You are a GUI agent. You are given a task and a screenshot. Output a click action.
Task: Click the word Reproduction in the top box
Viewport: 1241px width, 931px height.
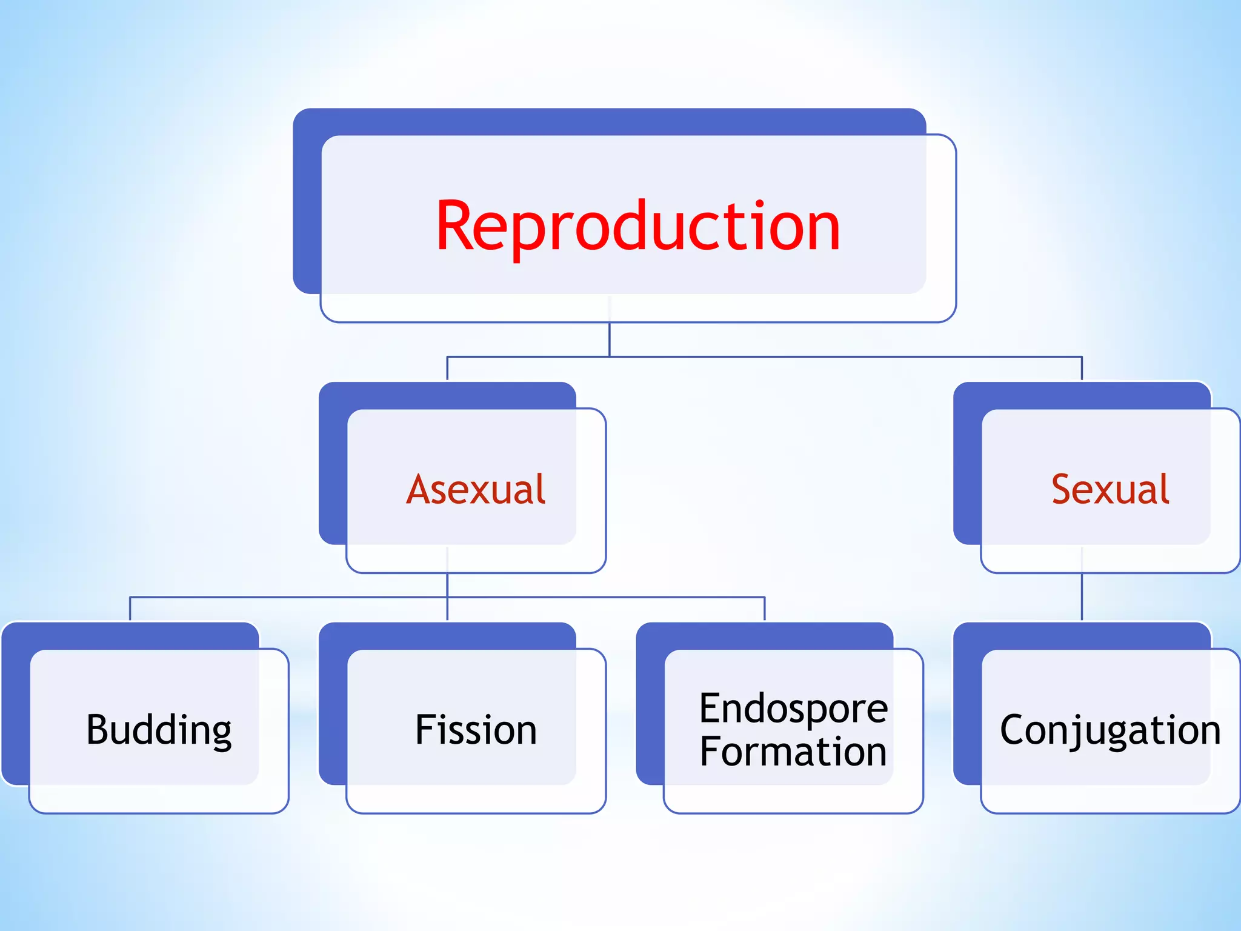(637, 227)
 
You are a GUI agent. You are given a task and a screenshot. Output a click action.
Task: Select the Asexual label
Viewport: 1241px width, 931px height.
(476, 489)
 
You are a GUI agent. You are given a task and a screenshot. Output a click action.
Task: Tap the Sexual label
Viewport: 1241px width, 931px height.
(1110, 489)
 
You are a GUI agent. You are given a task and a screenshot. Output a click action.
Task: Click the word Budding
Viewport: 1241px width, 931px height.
(159, 730)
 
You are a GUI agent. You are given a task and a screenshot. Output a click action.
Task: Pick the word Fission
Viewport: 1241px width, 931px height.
(476, 730)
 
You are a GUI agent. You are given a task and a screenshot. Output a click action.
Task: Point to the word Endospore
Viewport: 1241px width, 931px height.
(793, 708)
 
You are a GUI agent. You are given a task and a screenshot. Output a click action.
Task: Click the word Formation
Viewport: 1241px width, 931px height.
(793, 752)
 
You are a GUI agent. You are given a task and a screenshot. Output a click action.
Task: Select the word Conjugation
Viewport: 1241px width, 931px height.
(1110, 730)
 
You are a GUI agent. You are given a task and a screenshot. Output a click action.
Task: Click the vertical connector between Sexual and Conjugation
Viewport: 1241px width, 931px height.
(1082, 597)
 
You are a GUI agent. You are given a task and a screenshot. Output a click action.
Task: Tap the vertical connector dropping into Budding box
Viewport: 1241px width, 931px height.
(130, 609)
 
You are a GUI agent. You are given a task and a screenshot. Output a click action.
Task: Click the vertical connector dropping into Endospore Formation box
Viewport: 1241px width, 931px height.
(765, 609)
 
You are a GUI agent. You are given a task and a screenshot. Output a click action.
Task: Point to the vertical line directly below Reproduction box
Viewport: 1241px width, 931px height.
(610, 339)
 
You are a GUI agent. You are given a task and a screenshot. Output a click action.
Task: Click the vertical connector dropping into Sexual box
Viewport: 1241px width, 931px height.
(1082, 369)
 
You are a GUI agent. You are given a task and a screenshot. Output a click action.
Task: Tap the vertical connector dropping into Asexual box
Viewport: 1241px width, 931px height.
(447, 369)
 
